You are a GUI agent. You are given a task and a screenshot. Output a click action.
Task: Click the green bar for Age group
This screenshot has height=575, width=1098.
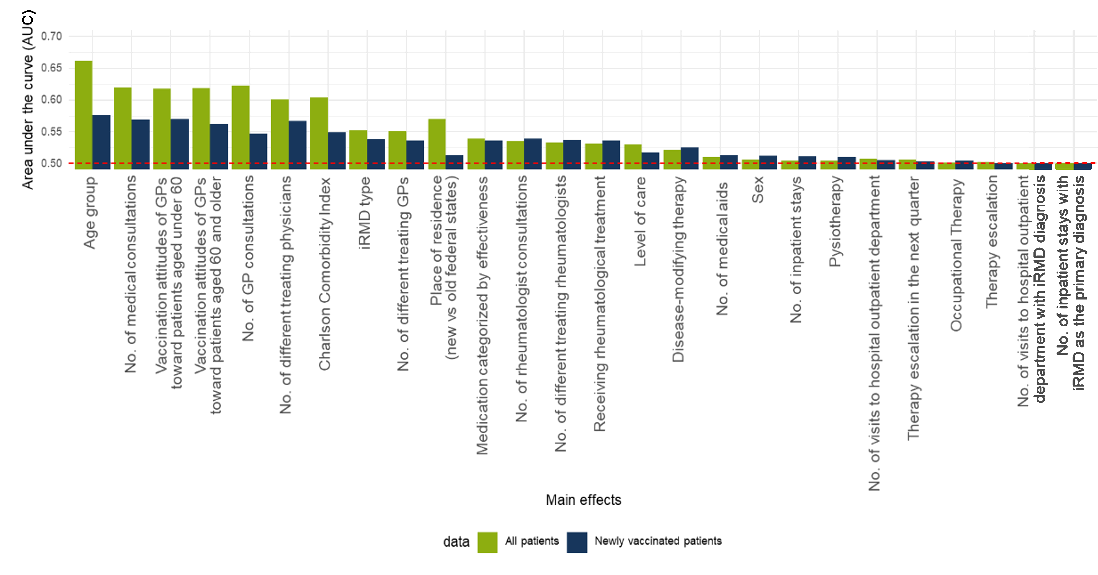(x=84, y=115)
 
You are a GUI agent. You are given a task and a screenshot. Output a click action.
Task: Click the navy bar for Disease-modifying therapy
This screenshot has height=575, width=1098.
(x=690, y=158)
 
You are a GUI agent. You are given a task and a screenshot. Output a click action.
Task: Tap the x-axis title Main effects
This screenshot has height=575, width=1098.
(x=584, y=500)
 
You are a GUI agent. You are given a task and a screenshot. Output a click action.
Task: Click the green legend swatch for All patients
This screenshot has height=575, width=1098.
(x=487, y=542)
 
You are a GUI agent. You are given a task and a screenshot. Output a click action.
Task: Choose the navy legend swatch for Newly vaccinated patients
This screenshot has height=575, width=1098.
(x=577, y=542)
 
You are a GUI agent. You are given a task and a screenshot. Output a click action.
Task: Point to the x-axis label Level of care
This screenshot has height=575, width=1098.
(x=640, y=221)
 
